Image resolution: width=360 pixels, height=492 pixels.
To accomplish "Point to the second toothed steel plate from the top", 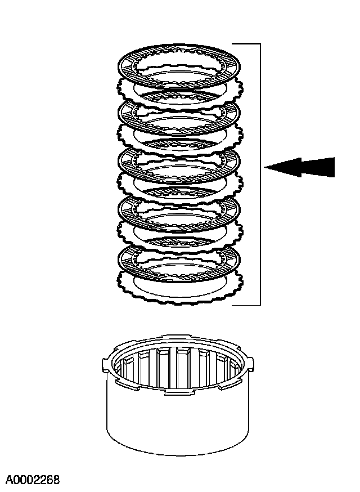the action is click(127, 135).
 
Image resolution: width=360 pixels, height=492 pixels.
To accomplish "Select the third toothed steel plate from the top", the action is click(127, 183).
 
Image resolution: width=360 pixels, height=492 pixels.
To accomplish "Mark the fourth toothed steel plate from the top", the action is click(127, 231).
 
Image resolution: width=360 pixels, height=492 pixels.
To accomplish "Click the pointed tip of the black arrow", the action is click(266, 167).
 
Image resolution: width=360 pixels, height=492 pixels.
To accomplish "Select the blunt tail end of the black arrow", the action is click(333, 167).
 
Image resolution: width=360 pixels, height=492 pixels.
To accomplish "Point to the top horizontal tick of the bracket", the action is click(246, 43).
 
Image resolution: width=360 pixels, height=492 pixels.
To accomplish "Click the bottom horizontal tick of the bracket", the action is click(246, 305).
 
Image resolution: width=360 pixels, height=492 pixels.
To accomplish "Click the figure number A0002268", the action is click(33, 480).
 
